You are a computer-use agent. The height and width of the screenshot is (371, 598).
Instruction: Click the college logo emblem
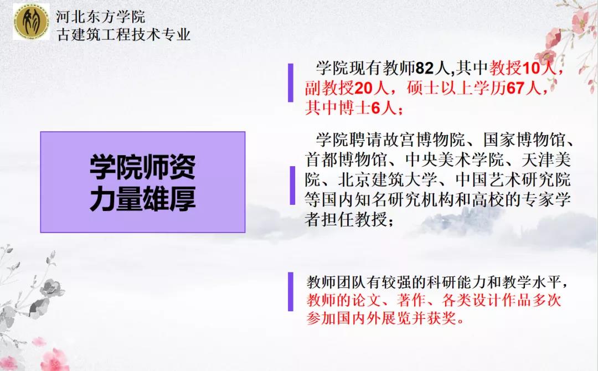[x=31, y=22]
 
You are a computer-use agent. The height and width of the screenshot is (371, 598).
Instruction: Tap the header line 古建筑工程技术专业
[x=123, y=35]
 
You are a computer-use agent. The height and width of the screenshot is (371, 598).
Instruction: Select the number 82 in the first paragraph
[x=425, y=69]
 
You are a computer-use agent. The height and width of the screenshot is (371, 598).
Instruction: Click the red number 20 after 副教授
[x=363, y=89]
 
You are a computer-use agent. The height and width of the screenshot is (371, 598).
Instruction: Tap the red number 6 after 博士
[x=375, y=109]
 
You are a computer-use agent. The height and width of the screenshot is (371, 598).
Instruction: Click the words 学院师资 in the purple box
[x=143, y=167]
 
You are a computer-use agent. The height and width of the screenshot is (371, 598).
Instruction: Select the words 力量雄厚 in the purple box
[x=143, y=198]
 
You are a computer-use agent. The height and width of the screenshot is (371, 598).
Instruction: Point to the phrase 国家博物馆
[x=524, y=140]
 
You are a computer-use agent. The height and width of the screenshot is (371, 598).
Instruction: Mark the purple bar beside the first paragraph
[x=291, y=83]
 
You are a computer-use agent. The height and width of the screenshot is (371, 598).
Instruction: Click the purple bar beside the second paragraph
[x=292, y=185]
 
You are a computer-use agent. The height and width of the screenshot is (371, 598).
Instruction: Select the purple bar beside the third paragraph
[x=291, y=292]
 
